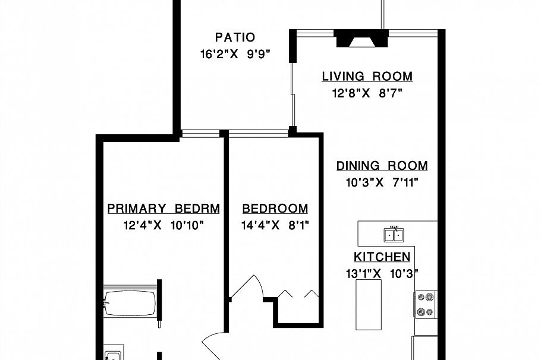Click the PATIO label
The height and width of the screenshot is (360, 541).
pyautogui.click(x=235, y=37)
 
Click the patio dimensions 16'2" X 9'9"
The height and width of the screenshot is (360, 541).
pyautogui.click(x=235, y=54)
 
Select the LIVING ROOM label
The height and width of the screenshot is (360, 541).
pyautogui.click(x=367, y=77)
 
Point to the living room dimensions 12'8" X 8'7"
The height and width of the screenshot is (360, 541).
pyautogui.click(x=367, y=93)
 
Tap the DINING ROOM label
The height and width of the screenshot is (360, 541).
pyautogui.click(x=382, y=166)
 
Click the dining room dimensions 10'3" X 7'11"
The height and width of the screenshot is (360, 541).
pyautogui.click(x=382, y=182)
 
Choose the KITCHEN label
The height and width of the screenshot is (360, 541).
pyautogui.click(x=382, y=257)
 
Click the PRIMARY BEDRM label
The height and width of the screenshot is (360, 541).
pyautogui.click(x=163, y=209)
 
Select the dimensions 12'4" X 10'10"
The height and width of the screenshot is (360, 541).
pyautogui.click(x=163, y=225)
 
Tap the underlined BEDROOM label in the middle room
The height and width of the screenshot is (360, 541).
pyautogui.click(x=275, y=209)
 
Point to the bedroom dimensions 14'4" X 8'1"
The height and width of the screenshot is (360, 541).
pyautogui.click(x=275, y=225)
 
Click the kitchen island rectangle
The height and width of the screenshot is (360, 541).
pyautogui.click(x=369, y=304)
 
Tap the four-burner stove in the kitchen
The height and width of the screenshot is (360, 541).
pyautogui.click(x=426, y=304)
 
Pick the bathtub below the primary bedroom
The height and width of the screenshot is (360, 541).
pyautogui.click(x=130, y=303)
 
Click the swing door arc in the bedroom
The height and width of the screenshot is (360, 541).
pyautogui.click(x=246, y=288)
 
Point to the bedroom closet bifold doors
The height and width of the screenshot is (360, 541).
pyautogui.click(x=297, y=293)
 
